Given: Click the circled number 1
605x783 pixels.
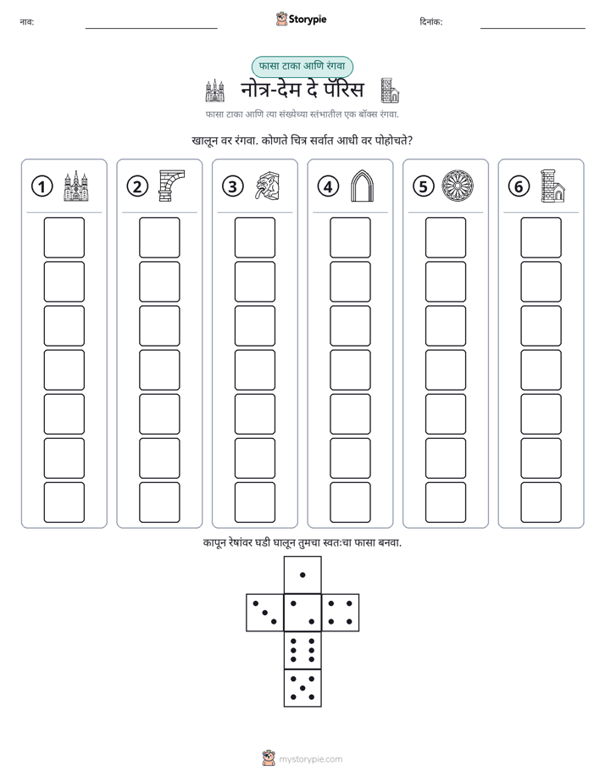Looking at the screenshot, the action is [x=42, y=186].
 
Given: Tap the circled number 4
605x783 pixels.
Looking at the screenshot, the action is [x=328, y=186].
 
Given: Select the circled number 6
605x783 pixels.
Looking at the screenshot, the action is [x=519, y=186].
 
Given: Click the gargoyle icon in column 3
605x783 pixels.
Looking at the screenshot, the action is [x=267, y=186].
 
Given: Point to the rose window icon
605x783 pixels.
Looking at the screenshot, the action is [x=458, y=186].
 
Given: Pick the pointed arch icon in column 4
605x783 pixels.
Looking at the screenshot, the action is [x=362, y=186].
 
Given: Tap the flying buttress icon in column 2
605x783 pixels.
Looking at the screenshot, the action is [x=171, y=186].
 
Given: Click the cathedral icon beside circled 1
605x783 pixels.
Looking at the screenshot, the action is [x=76, y=186].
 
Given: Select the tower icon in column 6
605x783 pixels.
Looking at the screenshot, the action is [x=552, y=186].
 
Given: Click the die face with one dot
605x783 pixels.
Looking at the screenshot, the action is [x=302, y=575].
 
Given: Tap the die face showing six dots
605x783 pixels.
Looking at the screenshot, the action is [x=302, y=651].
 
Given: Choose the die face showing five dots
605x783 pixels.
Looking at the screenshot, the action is [x=302, y=688].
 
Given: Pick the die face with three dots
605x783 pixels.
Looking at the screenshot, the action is [x=265, y=613].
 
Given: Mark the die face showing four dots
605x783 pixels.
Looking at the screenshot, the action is [x=341, y=613].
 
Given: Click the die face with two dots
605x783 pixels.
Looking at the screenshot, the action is [x=302, y=613].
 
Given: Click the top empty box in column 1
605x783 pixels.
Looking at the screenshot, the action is [x=64, y=237].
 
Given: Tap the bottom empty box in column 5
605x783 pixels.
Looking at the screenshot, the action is [x=445, y=503].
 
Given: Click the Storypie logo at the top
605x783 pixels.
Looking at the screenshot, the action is [x=301, y=19].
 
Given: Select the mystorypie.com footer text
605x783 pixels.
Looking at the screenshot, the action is [x=310, y=759].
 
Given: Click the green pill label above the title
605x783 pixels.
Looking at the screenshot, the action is [x=302, y=66].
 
